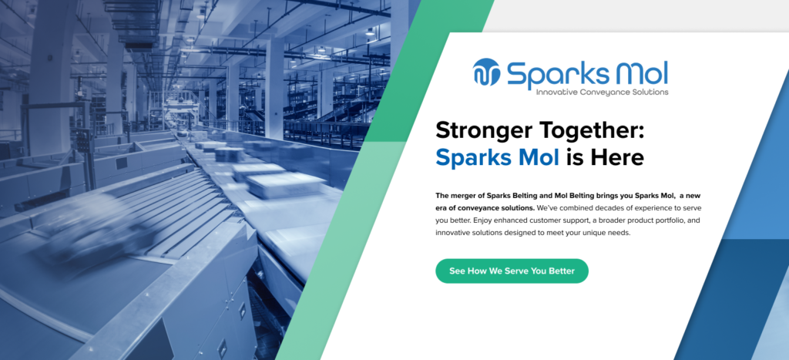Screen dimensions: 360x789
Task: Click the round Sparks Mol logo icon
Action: click(487, 72)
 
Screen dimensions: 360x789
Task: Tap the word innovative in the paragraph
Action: click(455, 233)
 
